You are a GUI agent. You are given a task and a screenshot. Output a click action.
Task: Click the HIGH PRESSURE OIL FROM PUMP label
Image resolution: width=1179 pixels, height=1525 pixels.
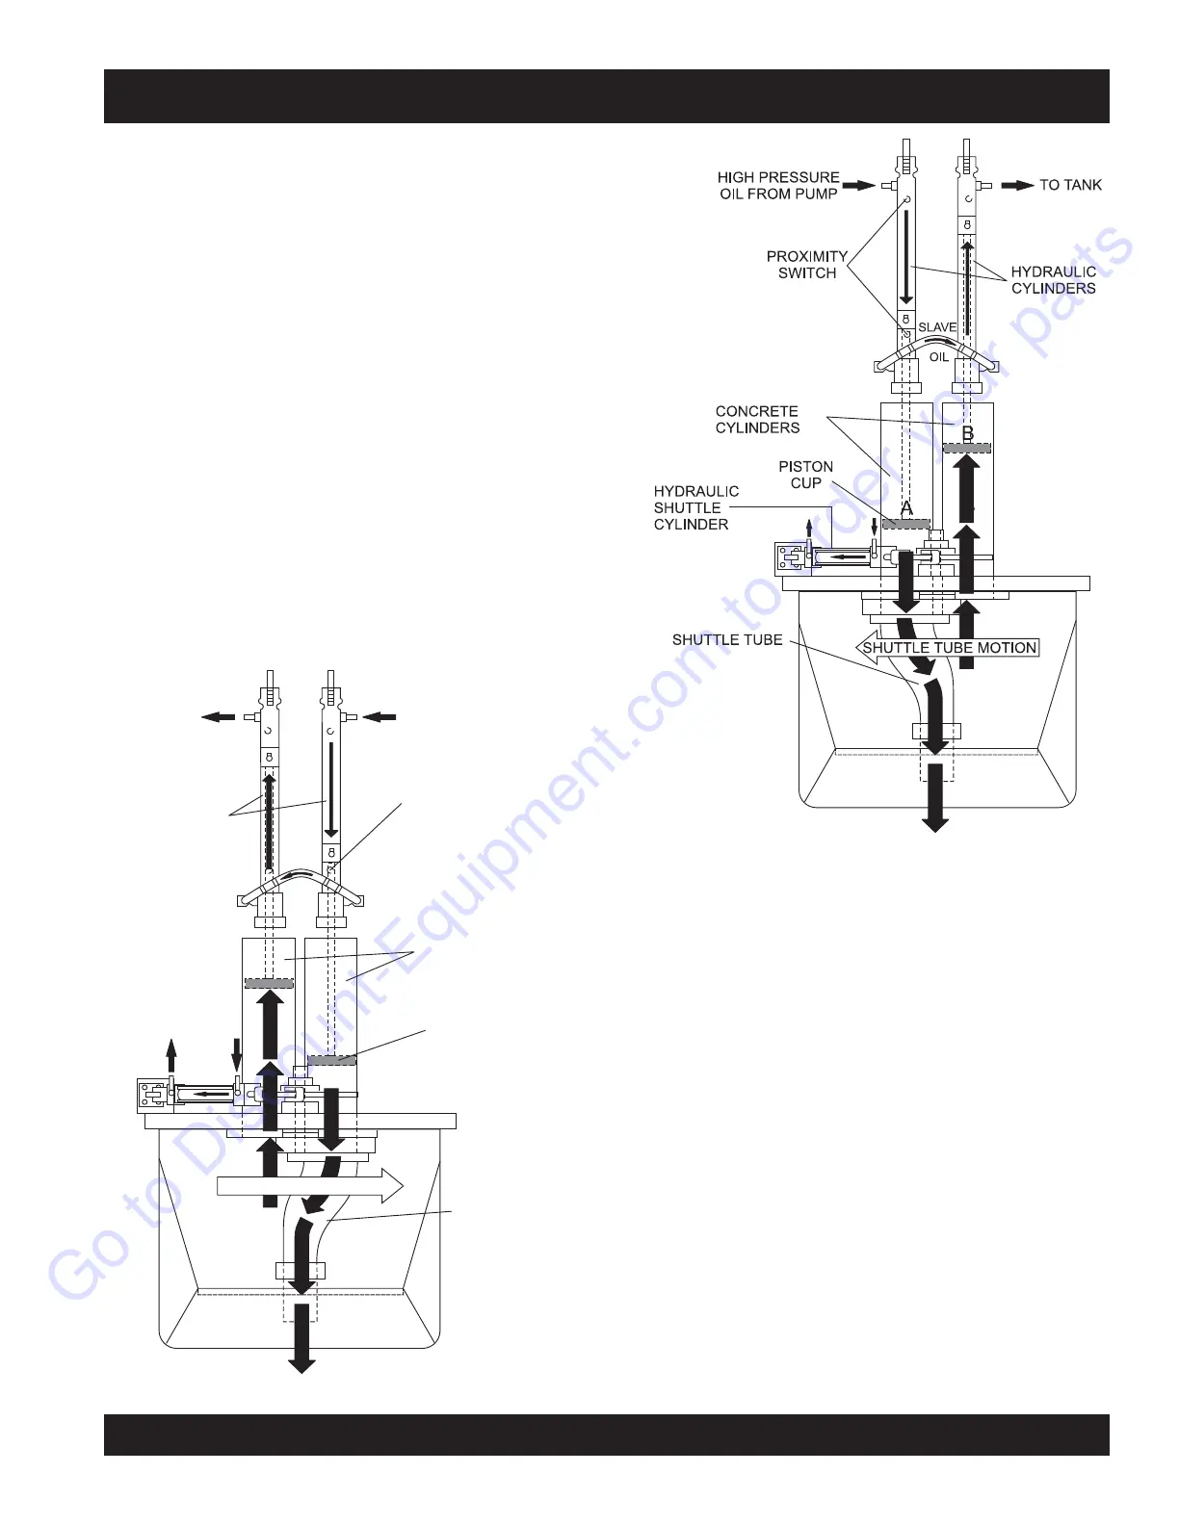(778, 186)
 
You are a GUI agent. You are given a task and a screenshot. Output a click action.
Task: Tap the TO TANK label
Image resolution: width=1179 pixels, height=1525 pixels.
(1070, 185)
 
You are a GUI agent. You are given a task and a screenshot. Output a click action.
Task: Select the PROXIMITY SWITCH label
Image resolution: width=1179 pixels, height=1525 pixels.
(807, 265)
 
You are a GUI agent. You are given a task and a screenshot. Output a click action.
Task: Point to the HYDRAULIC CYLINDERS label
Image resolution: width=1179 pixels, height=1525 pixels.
(1053, 280)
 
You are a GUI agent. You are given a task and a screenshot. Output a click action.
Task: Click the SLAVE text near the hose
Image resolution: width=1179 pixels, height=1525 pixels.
(936, 327)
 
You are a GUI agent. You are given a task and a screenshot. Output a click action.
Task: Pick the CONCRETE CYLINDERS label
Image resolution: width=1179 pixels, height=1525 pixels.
(757, 420)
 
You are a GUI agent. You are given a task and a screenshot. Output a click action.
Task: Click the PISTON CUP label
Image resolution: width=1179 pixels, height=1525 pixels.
(806, 475)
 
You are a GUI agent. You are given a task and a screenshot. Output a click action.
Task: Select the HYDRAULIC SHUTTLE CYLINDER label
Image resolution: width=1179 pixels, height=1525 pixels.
(695, 507)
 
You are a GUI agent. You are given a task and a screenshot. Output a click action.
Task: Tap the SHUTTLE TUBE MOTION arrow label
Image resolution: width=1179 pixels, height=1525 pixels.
(949, 648)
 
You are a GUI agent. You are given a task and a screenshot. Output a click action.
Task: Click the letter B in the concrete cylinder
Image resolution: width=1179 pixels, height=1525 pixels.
(968, 433)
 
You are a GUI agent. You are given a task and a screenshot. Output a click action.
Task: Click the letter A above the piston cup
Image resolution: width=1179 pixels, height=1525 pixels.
(906, 507)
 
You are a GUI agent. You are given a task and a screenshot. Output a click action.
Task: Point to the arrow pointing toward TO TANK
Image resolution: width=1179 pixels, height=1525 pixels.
(1017, 185)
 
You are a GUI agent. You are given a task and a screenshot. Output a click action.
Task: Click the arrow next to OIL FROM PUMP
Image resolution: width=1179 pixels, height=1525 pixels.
(860, 185)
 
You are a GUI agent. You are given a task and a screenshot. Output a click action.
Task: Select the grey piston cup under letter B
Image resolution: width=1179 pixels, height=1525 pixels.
(967, 448)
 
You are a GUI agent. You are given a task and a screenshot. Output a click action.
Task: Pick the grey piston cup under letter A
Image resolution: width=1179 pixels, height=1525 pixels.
(905, 524)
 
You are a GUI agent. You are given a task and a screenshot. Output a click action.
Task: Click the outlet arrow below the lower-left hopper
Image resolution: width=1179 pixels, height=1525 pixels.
(301, 1339)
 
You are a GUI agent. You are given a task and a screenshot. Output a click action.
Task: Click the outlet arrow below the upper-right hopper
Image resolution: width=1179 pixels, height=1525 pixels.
(935, 798)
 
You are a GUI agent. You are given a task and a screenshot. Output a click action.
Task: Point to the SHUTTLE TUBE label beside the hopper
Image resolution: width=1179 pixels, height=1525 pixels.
(727, 640)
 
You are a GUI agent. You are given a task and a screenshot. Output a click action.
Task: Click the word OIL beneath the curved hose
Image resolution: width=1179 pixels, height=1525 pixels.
(939, 357)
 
